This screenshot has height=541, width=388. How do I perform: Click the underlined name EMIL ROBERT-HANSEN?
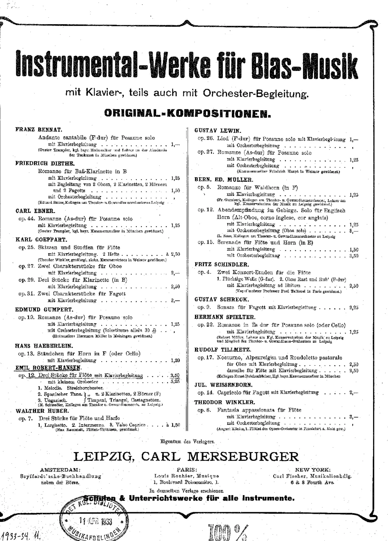pos(48,368)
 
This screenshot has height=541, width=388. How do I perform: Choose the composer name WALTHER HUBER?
pos(42,411)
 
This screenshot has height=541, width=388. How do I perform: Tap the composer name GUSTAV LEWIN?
pos(218,131)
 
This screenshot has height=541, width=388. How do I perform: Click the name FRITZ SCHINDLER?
pos(221,265)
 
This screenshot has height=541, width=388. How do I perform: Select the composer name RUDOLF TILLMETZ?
pos(222,350)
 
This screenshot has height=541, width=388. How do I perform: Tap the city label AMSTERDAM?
pos(60,470)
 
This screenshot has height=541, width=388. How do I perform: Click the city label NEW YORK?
pos(312,470)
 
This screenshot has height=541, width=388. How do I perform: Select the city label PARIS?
pos(187,470)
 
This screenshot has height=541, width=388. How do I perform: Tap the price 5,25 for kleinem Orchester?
pos(175,382)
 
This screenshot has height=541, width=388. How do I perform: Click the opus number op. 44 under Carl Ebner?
pos(26,219)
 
